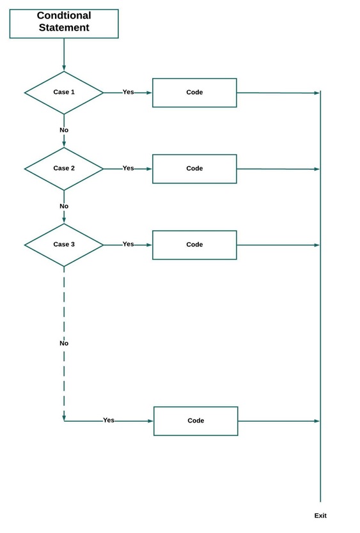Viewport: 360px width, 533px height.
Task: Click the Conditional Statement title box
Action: [x=64, y=24]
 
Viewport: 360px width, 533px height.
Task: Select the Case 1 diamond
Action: [x=64, y=93]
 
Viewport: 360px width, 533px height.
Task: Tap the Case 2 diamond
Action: [x=64, y=169]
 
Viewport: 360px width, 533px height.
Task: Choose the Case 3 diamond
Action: [x=64, y=245]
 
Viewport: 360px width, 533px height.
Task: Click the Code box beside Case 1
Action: [x=194, y=93]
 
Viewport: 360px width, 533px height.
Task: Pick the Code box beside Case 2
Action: [x=194, y=169]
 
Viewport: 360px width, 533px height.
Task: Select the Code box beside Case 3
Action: [x=194, y=245]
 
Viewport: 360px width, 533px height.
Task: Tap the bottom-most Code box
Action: [x=196, y=421]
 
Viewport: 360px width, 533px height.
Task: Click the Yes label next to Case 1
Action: [x=129, y=92]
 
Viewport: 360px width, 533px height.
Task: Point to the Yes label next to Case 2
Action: [x=129, y=168]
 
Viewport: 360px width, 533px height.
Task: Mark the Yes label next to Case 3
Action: [x=129, y=244]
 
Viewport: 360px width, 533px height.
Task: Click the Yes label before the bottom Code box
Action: [x=109, y=421]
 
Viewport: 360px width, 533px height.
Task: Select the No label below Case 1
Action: [x=64, y=130]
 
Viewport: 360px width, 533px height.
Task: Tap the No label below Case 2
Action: [x=64, y=206]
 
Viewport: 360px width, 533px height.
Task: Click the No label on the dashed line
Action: [x=64, y=344]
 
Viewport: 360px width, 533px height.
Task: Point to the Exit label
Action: [x=320, y=516]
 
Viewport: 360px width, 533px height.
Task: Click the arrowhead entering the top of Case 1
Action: [x=64, y=68]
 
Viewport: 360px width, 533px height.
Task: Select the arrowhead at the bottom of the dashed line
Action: [x=64, y=418]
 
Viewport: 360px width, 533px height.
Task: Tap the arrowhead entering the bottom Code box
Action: [x=150, y=421]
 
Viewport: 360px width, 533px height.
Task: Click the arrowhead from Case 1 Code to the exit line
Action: [x=317, y=93]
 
